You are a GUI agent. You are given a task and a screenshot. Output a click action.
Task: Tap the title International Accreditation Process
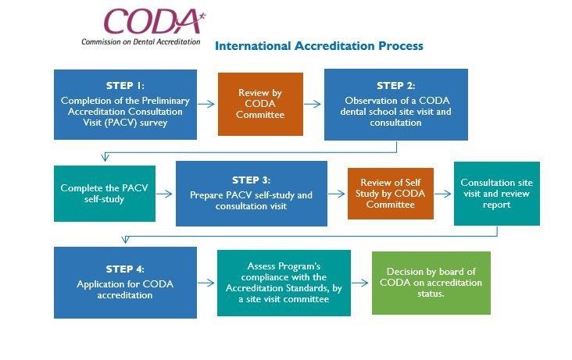coord(319,46)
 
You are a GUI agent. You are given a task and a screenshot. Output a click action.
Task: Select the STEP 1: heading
coord(125,86)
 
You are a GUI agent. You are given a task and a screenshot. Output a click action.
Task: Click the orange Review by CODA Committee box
coord(260,104)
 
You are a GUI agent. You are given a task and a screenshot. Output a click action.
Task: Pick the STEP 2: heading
coord(396,86)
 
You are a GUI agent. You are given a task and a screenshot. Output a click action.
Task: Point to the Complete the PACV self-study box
coord(105,194)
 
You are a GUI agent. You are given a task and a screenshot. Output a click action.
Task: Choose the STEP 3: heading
coord(252,180)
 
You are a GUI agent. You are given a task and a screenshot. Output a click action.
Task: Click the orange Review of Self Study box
coord(391,194)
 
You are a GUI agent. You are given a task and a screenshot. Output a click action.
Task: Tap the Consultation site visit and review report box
coord(497,194)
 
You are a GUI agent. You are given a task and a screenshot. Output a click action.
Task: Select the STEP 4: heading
coord(125,269)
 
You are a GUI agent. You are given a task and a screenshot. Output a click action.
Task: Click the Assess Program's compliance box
coord(284,283)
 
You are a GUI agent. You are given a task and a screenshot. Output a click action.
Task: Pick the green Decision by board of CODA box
coord(431,283)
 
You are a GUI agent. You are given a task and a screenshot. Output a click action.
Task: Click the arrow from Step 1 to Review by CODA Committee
coord(206,104)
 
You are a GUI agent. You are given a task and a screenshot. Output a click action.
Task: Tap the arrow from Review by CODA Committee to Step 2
coord(313,104)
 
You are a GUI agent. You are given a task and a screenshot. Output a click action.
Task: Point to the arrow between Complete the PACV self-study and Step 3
coord(165,194)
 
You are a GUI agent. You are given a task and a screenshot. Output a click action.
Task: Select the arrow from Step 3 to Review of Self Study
coord(337,194)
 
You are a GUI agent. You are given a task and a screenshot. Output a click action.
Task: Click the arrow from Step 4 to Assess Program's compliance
coord(206,283)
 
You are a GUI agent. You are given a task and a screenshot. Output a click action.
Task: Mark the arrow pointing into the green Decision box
coord(360,283)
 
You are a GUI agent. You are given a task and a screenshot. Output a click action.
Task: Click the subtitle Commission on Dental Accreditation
coord(141,41)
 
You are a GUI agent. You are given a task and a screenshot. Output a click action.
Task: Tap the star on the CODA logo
coord(202,16)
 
